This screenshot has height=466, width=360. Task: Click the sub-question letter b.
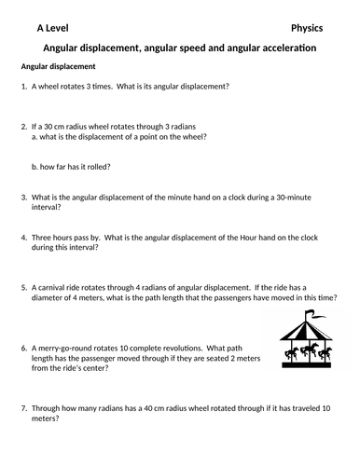35,169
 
